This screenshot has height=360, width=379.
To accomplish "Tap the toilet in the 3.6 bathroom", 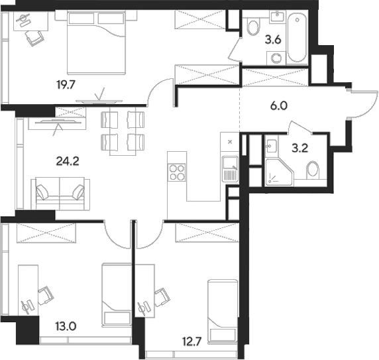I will click(252, 27).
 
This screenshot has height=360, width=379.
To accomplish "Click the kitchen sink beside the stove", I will click(229, 168).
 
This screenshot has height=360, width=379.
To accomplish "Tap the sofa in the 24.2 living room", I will click(60, 192).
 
